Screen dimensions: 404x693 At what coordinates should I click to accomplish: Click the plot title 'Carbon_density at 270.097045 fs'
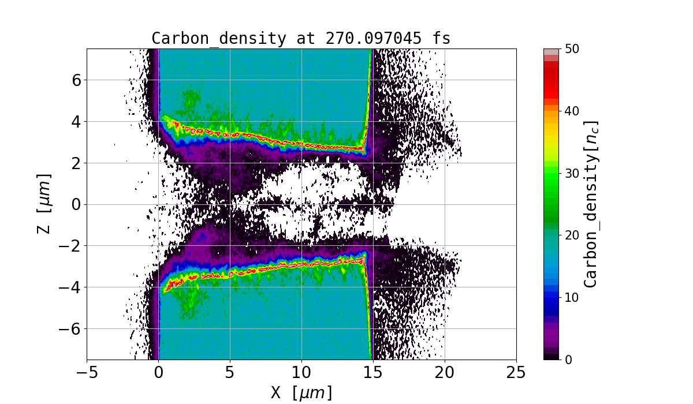coord(301,38)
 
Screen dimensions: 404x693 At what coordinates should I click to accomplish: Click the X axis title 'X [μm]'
coord(301,392)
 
